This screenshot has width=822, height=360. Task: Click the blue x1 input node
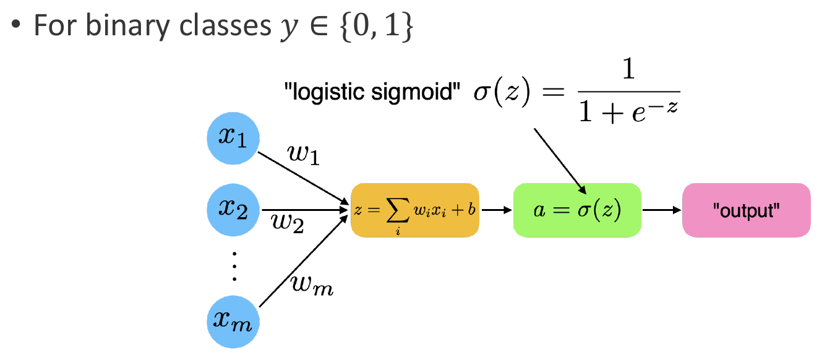[233, 138]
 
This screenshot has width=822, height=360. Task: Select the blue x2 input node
[233, 210]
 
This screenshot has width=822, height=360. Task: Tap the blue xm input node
[233, 322]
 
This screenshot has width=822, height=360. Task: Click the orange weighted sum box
[414, 210]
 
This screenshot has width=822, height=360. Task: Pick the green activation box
[577, 210]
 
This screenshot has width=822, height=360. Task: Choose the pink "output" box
[747, 210]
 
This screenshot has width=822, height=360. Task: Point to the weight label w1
[304, 154]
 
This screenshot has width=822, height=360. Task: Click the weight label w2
[288, 223]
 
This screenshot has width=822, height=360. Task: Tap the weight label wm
[312, 285]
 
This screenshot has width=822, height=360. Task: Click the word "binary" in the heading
[128, 27]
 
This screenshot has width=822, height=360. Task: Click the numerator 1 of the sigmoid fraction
[628, 69]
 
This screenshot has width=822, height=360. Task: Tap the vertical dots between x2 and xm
[234, 267]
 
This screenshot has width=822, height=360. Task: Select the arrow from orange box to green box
[497, 210]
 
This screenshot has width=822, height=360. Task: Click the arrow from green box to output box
[662, 210]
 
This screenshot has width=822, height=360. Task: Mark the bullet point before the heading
[16, 24]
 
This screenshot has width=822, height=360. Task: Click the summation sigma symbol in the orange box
[398, 210]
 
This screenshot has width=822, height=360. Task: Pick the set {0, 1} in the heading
[377, 26]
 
